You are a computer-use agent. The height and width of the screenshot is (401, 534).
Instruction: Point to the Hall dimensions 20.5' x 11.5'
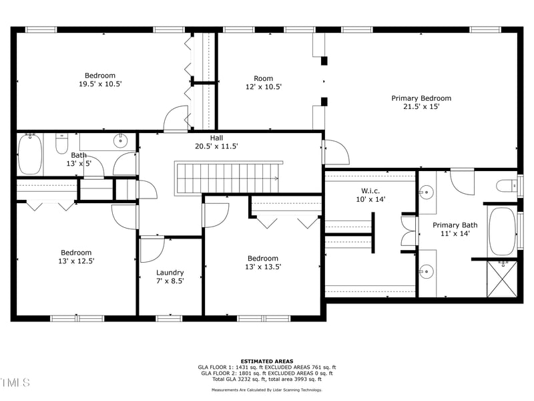tap(216, 146)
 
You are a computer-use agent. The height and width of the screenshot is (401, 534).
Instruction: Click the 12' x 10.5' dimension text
tap(264, 87)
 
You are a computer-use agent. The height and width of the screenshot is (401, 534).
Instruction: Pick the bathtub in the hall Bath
tap(30, 154)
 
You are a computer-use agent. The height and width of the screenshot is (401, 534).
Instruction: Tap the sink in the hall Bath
tap(120, 140)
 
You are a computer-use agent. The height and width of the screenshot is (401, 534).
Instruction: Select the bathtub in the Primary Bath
tap(502, 231)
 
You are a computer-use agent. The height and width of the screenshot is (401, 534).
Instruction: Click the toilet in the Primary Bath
tap(507, 186)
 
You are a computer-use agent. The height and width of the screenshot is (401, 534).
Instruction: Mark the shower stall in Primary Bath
tap(503, 279)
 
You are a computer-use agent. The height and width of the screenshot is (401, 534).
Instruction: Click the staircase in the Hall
tap(228, 178)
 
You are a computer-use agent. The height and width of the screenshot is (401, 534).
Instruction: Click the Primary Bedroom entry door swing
tap(336, 152)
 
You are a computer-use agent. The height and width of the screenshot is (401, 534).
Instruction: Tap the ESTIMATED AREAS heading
tap(267, 362)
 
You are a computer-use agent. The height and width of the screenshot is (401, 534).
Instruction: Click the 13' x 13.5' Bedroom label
tap(263, 263)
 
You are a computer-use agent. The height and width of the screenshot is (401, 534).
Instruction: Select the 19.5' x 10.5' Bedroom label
tap(100, 80)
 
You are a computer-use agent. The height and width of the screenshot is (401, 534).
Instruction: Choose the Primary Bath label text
tap(455, 225)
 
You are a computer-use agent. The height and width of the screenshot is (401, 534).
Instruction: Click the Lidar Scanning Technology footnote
tap(266, 390)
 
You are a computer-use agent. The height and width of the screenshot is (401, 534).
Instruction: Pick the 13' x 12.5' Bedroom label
tap(76, 257)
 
